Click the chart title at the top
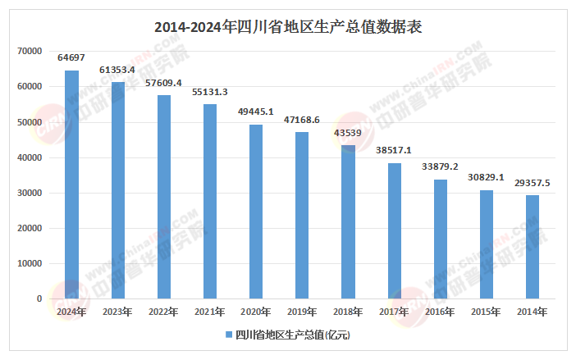[288, 26]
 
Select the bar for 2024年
[72, 185]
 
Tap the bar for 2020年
[256, 212]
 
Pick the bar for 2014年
[533, 247]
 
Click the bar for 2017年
[395, 231]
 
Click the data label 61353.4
[118, 71]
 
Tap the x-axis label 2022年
[164, 312]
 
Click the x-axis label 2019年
[302, 312]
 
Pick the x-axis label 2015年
[487, 312]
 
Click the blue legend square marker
[228, 335]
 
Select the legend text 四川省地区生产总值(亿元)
[293, 335]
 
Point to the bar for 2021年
[210, 202]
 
